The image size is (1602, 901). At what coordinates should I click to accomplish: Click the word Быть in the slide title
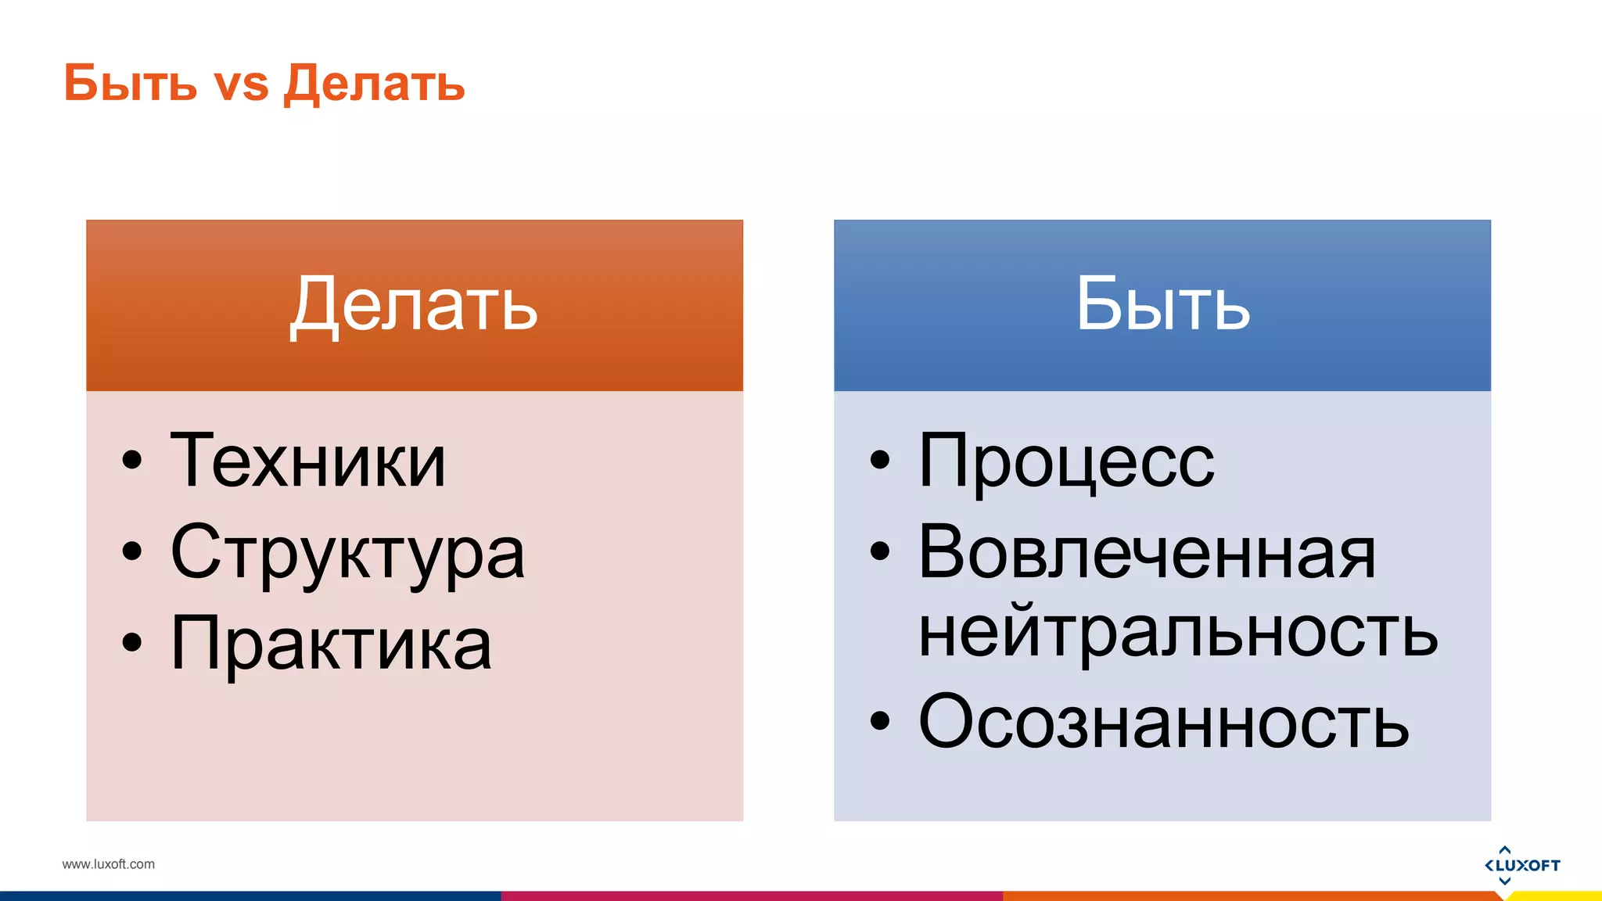(x=130, y=83)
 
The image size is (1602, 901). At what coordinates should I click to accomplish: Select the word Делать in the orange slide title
(x=374, y=84)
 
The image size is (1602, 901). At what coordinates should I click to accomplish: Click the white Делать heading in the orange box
(x=414, y=305)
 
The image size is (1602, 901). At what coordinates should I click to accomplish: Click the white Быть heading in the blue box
(x=1162, y=305)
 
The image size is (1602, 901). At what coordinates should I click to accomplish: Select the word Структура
(x=347, y=554)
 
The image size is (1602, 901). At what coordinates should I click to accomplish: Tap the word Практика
(x=331, y=644)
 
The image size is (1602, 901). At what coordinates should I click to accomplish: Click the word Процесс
(x=1066, y=462)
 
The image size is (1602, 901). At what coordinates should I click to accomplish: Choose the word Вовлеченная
(x=1147, y=552)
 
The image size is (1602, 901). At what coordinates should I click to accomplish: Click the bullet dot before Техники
(x=132, y=460)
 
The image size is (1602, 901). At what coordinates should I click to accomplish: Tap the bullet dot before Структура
(x=132, y=551)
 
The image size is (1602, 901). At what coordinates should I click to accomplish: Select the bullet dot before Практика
(x=132, y=642)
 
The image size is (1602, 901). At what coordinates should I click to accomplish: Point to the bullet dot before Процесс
(x=880, y=460)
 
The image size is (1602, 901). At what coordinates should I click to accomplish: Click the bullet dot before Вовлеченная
(x=880, y=551)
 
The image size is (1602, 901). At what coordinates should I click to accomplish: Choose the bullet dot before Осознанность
(x=880, y=720)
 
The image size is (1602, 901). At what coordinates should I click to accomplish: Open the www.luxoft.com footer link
(x=109, y=864)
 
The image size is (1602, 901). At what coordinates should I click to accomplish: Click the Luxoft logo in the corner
(x=1521, y=865)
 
